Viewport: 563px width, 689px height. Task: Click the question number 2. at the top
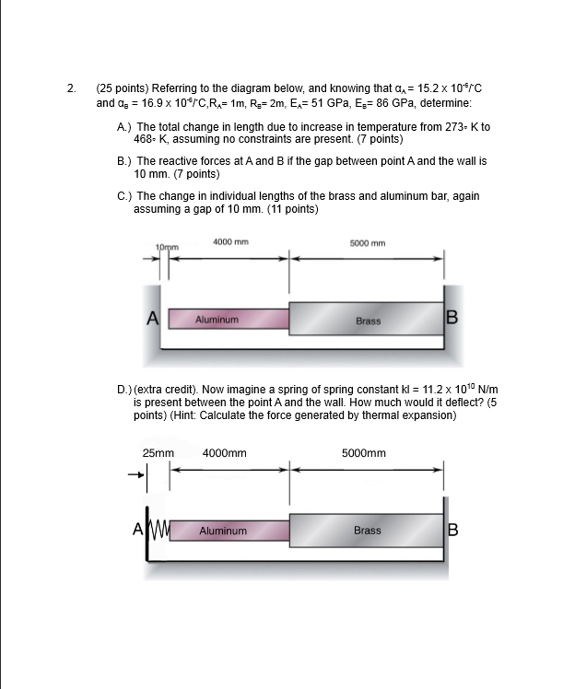click(71, 89)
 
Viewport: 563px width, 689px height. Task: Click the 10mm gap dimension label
click(168, 248)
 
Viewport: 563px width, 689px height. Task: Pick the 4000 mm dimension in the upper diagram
click(229, 241)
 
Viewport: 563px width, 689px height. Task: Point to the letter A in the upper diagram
click(154, 319)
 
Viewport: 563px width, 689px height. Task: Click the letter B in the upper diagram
click(452, 319)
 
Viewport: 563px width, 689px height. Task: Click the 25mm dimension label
click(158, 453)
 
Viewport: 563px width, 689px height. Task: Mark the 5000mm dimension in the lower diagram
click(363, 453)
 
